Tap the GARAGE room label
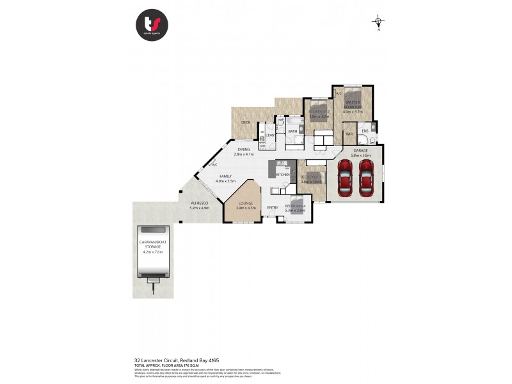click(360, 150)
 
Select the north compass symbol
click(379, 22)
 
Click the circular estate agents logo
click(152, 25)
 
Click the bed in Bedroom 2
click(318, 111)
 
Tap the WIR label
click(349, 134)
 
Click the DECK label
click(245, 122)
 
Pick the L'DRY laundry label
click(270, 134)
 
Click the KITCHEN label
click(282, 175)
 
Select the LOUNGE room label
click(246, 203)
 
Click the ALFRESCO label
click(200, 204)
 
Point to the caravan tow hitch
click(152, 289)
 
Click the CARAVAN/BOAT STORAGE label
click(152, 243)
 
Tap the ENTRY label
click(273, 207)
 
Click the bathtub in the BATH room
click(294, 120)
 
